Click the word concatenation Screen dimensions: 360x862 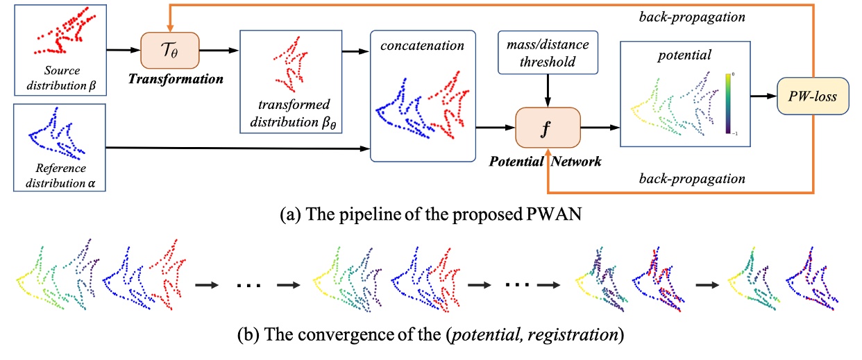click(420, 46)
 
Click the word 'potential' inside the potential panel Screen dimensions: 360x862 click(666, 53)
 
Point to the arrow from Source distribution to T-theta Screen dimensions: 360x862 click(124, 49)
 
